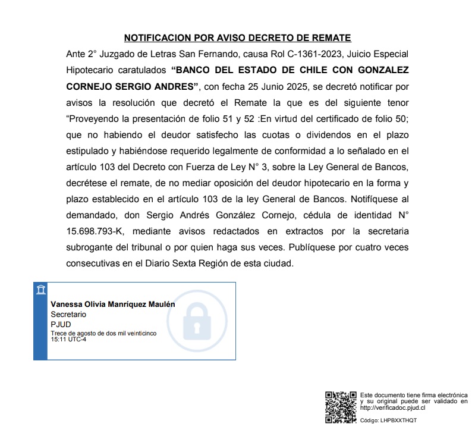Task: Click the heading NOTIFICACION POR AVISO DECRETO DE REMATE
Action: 237,38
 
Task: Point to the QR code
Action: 341,407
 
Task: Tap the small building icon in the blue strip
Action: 40,290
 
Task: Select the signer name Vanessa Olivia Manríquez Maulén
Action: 113,304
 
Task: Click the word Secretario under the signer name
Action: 68,313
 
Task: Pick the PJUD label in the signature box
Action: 60,324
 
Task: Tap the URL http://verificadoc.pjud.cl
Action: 392,408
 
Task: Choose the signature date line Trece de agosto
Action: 103,334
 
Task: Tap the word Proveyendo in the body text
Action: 93,118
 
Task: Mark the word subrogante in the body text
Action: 89,246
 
